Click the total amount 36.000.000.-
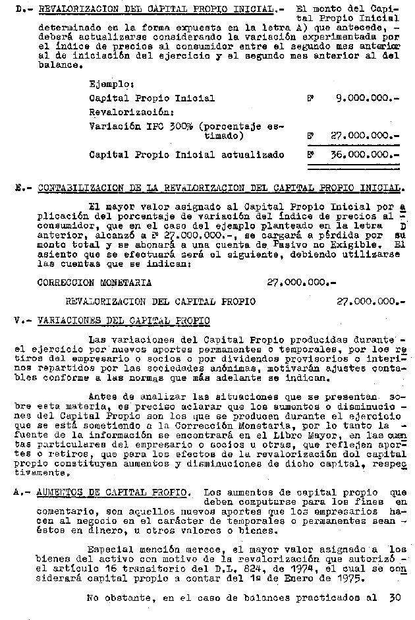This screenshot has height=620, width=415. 364,155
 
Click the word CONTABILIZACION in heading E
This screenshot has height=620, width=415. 75,188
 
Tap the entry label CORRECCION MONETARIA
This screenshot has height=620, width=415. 94,282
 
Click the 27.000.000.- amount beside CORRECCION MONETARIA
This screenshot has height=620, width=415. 301,282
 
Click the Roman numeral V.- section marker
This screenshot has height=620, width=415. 22,320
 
